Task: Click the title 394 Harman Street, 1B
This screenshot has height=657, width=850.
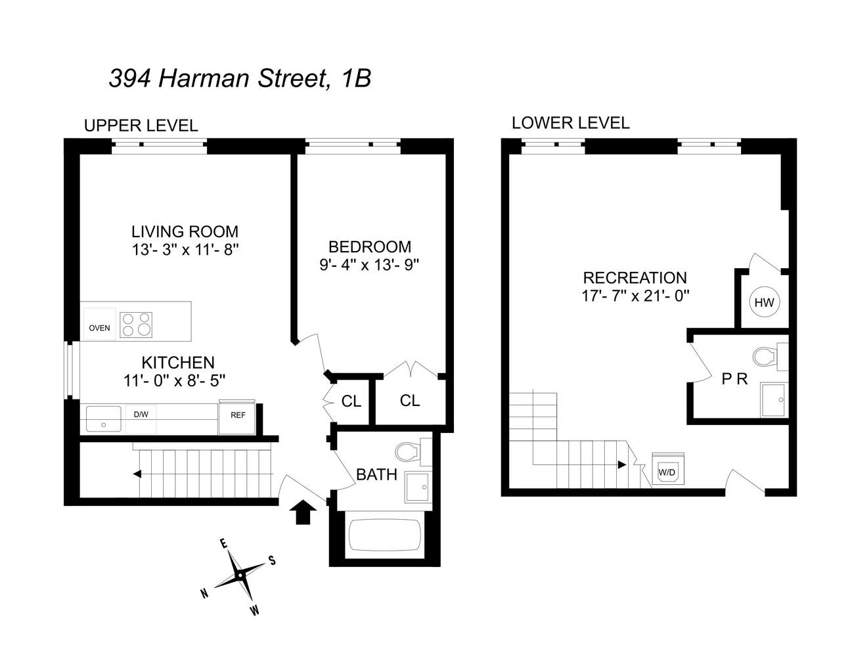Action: click(x=240, y=79)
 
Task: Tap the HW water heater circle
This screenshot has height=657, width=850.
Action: click(x=764, y=303)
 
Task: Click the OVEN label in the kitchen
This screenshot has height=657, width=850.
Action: click(x=99, y=327)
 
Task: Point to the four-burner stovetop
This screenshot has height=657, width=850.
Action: click(x=136, y=325)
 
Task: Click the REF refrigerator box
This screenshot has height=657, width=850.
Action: click(x=237, y=416)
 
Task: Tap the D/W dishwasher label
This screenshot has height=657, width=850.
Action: click(x=141, y=415)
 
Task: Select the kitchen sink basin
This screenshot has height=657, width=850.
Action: click(x=104, y=419)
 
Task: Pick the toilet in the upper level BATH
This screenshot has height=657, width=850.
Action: click(x=409, y=453)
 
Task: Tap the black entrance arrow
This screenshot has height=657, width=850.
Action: click(x=302, y=510)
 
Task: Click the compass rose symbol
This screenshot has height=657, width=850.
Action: click(x=240, y=576)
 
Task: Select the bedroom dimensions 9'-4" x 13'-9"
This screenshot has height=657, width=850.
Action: click(x=369, y=264)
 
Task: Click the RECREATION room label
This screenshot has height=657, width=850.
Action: click(x=635, y=278)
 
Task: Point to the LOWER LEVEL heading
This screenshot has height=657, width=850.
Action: click(x=570, y=123)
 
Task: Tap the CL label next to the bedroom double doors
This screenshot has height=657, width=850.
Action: click(x=410, y=400)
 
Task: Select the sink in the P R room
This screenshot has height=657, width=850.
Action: click(x=774, y=399)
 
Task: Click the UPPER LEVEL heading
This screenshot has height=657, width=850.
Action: click(x=141, y=125)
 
